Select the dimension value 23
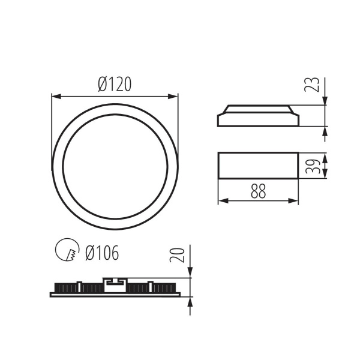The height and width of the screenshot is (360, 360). [311, 85]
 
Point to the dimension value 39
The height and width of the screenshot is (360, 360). [311, 166]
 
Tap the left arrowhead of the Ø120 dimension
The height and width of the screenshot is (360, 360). [55, 95]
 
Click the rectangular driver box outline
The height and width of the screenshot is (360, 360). [257, 166]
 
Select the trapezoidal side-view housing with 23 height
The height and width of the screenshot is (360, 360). [257, 116]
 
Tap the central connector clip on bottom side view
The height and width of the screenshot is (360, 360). [114, 283]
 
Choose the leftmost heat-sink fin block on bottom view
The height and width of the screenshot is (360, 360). [66, 288]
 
